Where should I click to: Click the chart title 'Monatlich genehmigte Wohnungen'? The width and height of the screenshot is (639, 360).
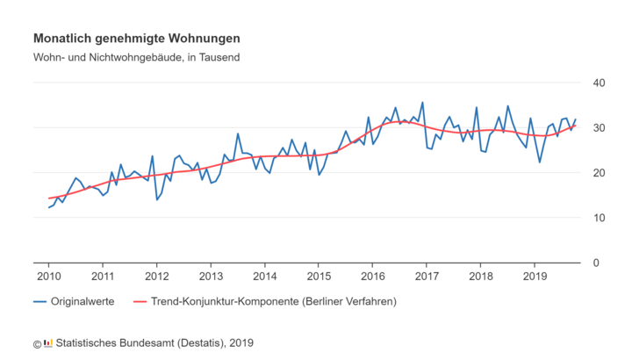pyautogui.click(x=137, y=39)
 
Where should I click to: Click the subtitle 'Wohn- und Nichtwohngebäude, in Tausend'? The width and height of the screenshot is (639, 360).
pyautogui.click(x=137, y=58)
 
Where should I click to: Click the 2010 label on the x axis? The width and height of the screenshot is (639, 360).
pyautogui.click(x=48, y=277)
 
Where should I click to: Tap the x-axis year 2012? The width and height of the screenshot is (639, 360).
pyautogui.click(x=156, y=277)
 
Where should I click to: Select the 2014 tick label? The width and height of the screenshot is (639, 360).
pyautogui.click(x=264, y=277)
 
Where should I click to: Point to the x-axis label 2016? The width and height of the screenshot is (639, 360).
pyautogui.click(x=372, y=277)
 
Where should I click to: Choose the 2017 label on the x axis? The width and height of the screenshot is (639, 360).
pyautogui.click(x=427, y=277)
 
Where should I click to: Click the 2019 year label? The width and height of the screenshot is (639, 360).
pyautogui.click(x=535, y=277)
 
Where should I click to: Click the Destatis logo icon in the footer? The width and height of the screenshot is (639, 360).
pyautogui.click(x=47, y=343)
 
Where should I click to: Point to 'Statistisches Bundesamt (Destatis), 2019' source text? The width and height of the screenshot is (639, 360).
pyautogui.click(x=154, y=343)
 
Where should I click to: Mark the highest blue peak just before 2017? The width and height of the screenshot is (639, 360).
pyautogui.click(x=422, y=103)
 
